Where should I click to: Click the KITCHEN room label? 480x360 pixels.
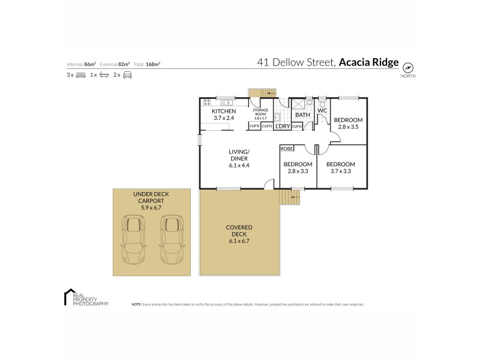[x=224, y=111]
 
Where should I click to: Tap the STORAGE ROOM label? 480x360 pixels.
[x=260, y=110]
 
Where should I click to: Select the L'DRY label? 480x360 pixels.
[x=282, y=126]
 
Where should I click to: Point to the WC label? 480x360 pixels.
[x=322, y=111]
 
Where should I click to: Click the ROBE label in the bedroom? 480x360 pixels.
[x=287, y=148]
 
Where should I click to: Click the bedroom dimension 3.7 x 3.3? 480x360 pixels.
[x=340, y=172]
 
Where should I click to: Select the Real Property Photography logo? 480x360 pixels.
[x=86, y=298]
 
